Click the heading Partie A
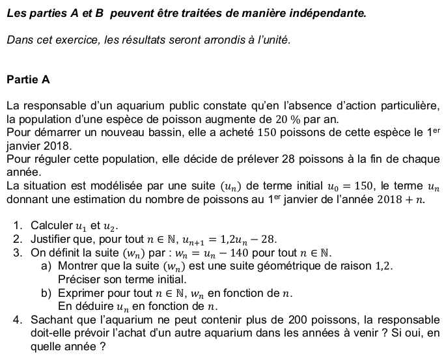click(x=28, y=80)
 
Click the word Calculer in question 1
click(x=52, y=226)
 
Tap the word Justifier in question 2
click(x=52, y=240)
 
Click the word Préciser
click(x=79, y=279)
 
